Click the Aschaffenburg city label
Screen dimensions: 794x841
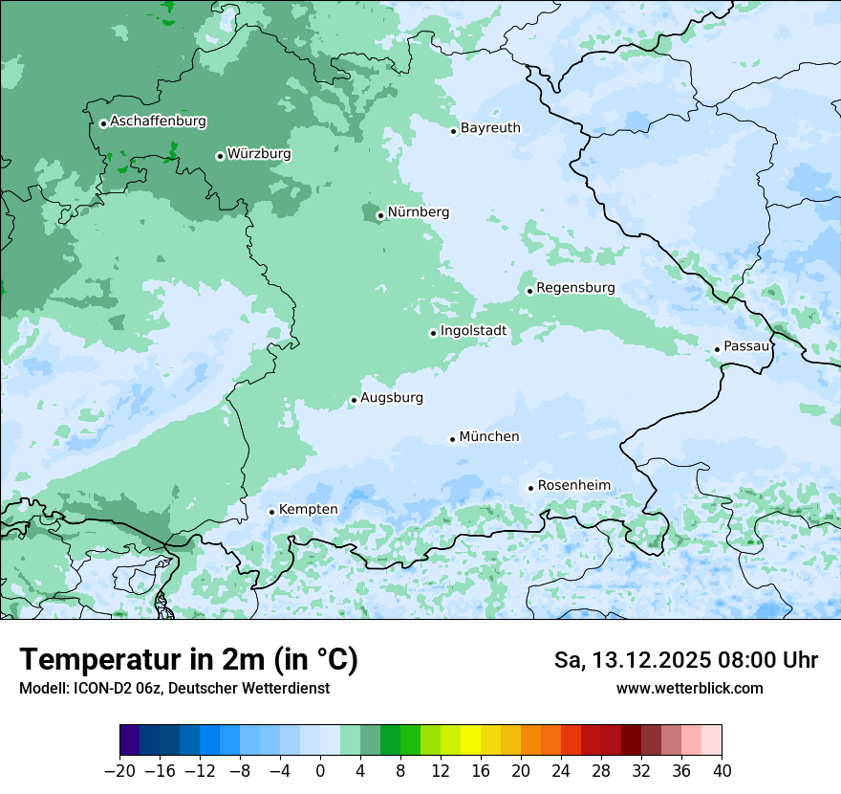tap(158, 121)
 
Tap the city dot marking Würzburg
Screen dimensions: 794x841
tap(220, 156)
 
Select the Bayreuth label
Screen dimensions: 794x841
tap(490, 128)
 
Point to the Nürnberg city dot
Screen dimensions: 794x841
tap(380, 215)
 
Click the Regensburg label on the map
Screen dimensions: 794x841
tap(575, 288)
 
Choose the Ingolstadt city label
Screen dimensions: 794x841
tap(473, 331)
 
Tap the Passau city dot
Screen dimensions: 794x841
tap(717, 349)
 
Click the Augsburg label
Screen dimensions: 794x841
tap(392, 398)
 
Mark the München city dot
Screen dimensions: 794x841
tap(452, 439)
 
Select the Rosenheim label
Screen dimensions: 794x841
tap(573, 486)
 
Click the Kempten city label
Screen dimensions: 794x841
tap(308, 510)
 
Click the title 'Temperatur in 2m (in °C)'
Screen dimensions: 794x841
tap(188, 660)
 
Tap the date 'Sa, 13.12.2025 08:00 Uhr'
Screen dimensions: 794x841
tap(685, 660)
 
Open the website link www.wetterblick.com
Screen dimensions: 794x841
tap(689, 689)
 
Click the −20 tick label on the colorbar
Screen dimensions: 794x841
tap(119, 771)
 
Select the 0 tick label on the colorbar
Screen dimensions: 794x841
tap(320, 771)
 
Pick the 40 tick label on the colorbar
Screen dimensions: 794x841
tap(722, 771)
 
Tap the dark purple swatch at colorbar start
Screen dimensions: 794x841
tap(130, 740)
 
